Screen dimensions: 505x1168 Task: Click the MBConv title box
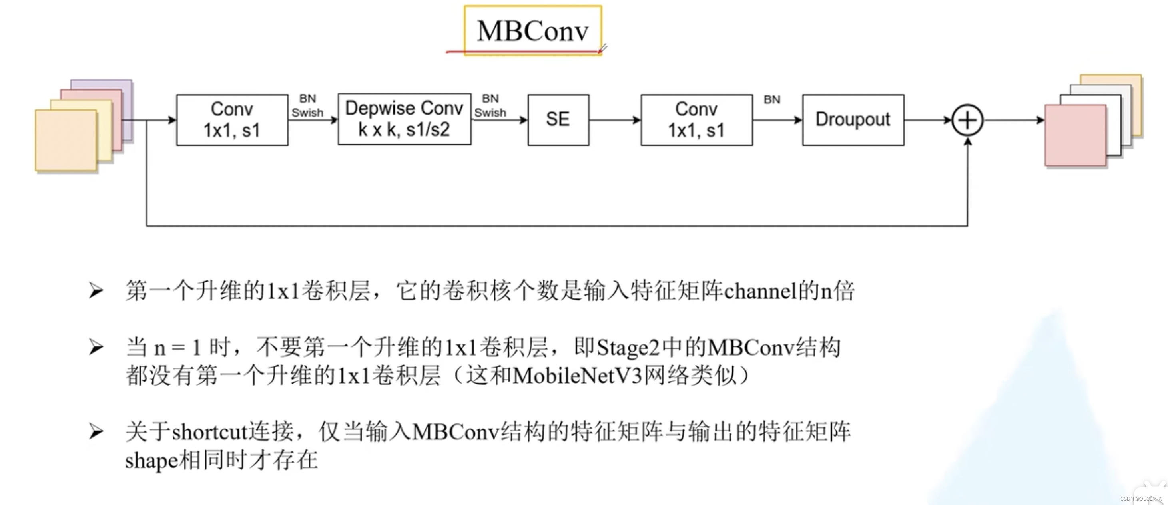[533, 30]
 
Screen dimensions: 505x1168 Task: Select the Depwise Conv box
[404, 119]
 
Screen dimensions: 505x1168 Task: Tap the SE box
[558, 120]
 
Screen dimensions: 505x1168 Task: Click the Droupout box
[853, 120]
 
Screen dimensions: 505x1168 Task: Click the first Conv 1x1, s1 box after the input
[232, 120]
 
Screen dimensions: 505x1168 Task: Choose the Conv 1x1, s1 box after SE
[696, 120]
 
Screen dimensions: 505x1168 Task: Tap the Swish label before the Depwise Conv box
[307, 113]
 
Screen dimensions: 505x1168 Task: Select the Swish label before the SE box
[490, 113]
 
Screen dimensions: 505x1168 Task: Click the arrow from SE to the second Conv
[614, 120]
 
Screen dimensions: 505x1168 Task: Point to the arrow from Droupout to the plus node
[927, 120]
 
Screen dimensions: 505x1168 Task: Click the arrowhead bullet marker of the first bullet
[96, 290]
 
